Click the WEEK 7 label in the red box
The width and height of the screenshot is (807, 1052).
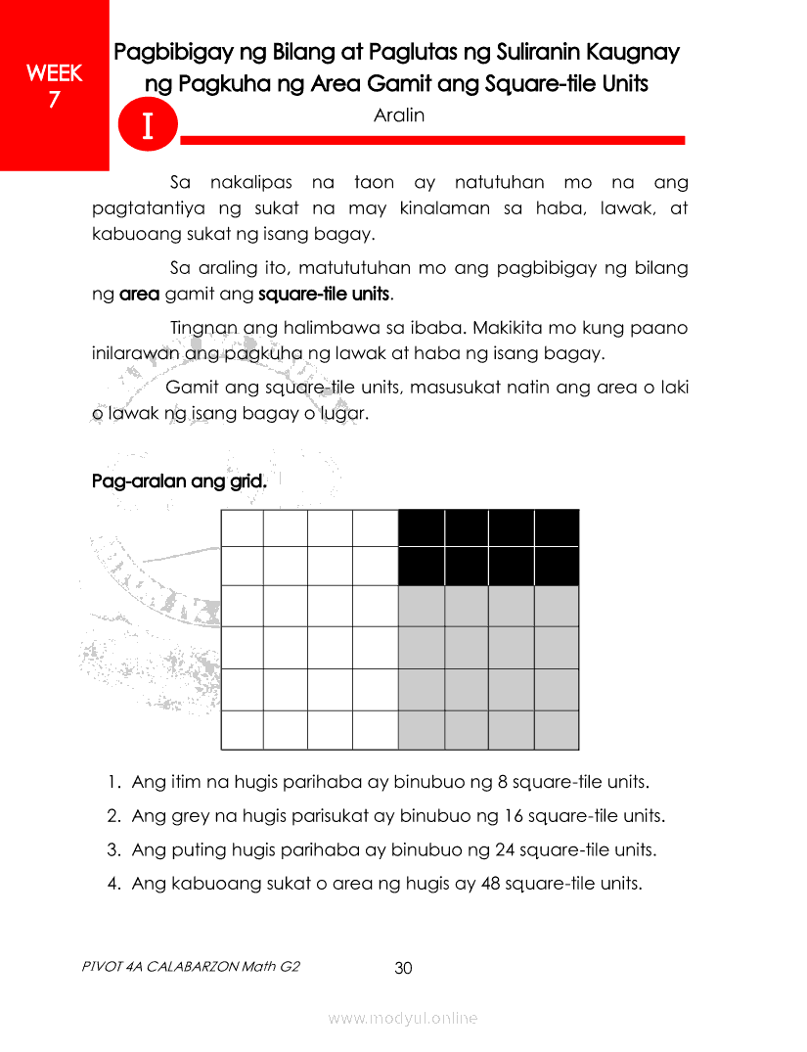tap(54, 85)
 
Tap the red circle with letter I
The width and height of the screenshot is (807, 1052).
tap(147, 127)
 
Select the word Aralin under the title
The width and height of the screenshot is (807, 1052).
tap(399, 115)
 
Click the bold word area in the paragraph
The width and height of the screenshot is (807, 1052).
tap(139, 294)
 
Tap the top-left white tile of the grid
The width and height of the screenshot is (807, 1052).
tap(243, 528)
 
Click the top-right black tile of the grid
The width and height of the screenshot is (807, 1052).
tap(557, 528)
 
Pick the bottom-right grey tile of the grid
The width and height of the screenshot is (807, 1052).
tap(557, 729)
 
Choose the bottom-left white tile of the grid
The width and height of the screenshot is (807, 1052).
tap(243, 729)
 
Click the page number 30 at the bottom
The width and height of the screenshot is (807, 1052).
tap(403, 968)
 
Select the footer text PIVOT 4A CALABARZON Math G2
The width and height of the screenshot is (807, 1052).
tap(191, 966)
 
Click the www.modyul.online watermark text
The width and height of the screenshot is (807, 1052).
tap(403, 1019)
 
